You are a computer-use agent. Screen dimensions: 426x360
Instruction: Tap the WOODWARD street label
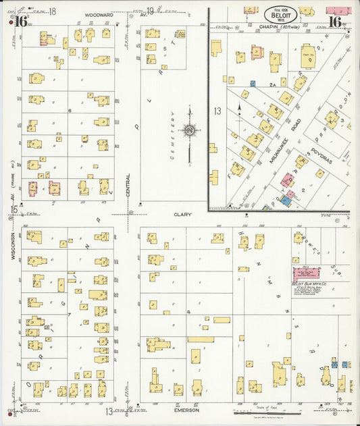point(99,14)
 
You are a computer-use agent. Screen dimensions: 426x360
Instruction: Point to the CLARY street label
point(183,215)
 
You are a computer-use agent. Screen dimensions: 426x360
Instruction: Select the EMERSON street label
point(186,410)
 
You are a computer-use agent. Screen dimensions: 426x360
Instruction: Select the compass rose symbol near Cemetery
point(190,130)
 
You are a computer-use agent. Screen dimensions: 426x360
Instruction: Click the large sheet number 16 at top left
point(20,21)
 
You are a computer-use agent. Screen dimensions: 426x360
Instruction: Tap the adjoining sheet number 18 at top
point(53,11)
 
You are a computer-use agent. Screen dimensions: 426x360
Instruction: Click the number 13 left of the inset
point(217,110)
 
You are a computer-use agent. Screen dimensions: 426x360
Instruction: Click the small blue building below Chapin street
point(253,83)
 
